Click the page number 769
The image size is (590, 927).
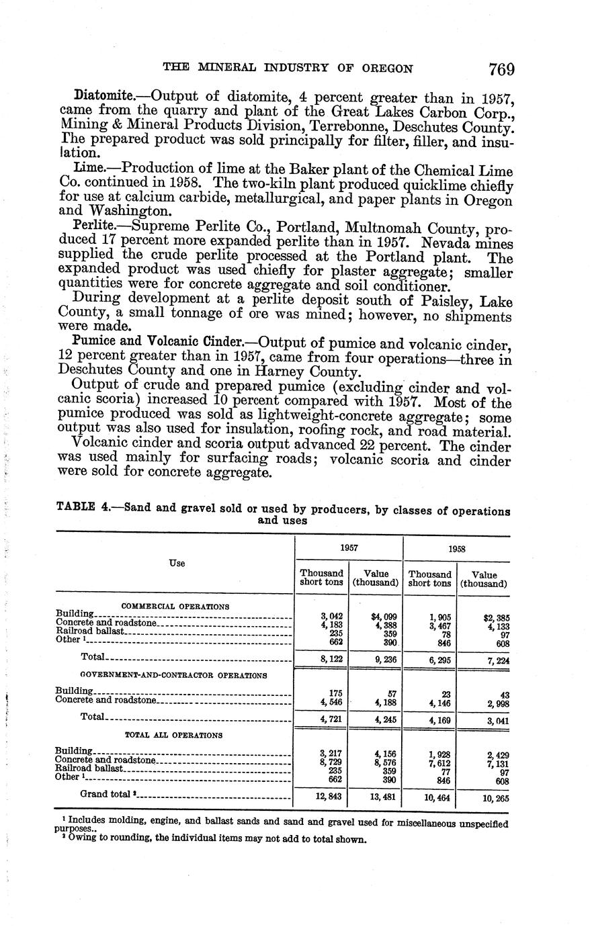point(501,69)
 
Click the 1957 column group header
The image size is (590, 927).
point(348,547)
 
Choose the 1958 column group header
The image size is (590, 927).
point(456,548)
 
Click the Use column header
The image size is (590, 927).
point(176,563)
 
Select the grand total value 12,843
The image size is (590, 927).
point(321,797)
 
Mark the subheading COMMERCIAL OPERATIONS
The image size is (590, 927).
point(175,607)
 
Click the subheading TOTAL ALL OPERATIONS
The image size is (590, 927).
point(174,735)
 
